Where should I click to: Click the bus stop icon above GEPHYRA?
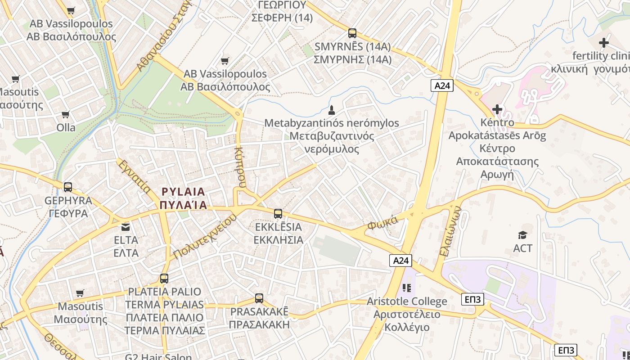coord(68,187)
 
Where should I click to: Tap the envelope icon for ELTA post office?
coord(125,227)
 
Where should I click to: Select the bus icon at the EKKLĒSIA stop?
coord(278,214)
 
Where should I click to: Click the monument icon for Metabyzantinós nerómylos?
coord(332,110)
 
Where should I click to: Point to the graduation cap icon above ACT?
coord(522,235)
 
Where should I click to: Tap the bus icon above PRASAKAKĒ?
coord(259,298)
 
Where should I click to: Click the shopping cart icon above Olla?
coord(66,114)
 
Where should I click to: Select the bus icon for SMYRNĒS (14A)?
coord(352,33)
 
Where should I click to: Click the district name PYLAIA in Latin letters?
coord(183,192)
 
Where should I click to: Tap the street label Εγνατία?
coord(134,177)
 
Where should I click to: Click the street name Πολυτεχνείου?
coord(205,237)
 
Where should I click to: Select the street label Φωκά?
coord(382,222)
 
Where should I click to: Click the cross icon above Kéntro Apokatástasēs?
coord(497,109)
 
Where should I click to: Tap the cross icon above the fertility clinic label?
coord(604,43)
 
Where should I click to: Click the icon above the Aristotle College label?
coord(407,288)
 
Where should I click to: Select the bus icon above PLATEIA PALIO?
coord(164,279)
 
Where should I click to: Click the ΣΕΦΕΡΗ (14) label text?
coord(282,18)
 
